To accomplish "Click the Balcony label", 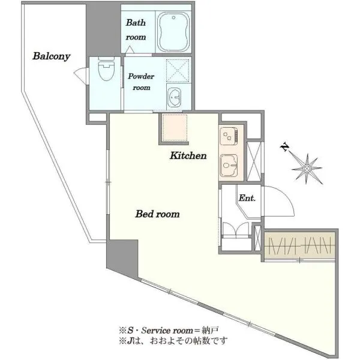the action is coord(51,56).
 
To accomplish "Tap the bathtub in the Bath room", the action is coord(173,32).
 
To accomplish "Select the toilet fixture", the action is coord(106,68).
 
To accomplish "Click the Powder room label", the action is coord(141,82).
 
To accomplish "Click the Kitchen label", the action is coord(188,155).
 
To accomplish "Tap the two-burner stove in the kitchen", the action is coord(229,136).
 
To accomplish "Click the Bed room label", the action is coord(157,214).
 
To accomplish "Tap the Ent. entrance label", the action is coord(247,198).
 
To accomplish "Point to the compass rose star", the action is coord(307,169).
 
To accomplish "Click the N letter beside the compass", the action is coord(284,147).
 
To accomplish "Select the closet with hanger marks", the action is coord(299,245).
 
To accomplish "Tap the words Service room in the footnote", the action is coord(167,331).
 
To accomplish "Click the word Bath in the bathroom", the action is coord(136,23).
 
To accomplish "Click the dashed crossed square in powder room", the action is coord(178,70).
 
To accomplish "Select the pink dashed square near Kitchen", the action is coord(175,128).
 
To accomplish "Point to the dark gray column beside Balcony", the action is coord(103,29).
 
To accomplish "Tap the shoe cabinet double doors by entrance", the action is coord(236,229).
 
